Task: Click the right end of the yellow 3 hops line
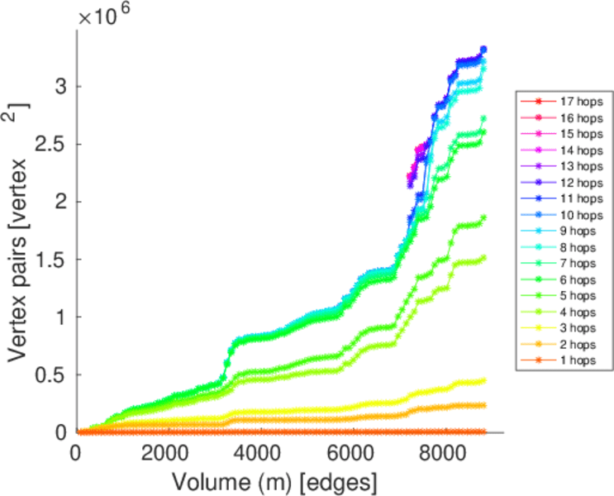tap(483, 380)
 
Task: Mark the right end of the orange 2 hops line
tap(483, 405)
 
